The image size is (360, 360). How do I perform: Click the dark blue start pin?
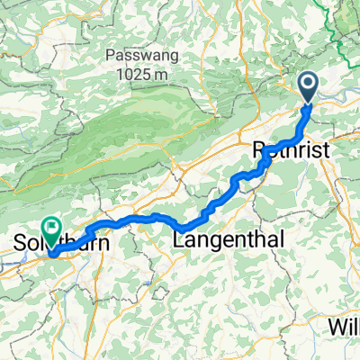[x=308, y=87]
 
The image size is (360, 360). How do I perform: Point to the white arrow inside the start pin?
[x=308, y=85]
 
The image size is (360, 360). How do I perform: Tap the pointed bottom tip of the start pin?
[x=308, y=104]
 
